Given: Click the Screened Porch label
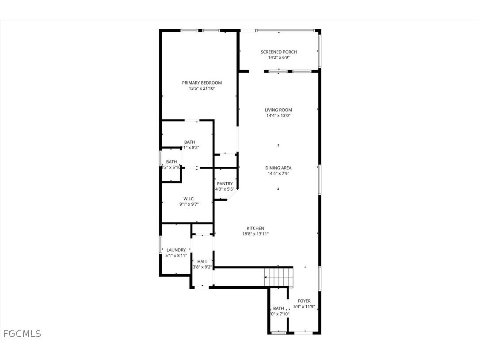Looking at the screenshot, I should point(278,52).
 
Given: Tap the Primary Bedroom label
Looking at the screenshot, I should point(202,83).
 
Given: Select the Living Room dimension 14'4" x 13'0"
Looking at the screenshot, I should point(278,116).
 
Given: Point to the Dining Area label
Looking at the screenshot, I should point(278,168).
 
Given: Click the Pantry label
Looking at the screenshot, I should point(225,184).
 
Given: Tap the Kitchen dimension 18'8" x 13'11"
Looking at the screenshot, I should point(255,234).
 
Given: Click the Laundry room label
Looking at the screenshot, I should point(176,250).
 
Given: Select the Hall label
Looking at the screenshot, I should point(202,261).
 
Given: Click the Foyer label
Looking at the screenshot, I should point(304,301).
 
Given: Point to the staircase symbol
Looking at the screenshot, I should point(278,277).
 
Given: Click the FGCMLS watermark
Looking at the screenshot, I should point(22,333).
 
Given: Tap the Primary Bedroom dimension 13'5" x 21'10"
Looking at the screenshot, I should point(202,88).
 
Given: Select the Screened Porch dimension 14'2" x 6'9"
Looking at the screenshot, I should point(278,57).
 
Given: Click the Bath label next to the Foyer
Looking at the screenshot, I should point(278,308).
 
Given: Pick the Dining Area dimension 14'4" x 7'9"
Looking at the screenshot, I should point(278,174).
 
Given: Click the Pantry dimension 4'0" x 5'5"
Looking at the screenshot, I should point(225,189).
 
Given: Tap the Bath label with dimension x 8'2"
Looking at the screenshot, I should point(190,142).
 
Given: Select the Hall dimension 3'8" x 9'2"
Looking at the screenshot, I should point(202,267).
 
